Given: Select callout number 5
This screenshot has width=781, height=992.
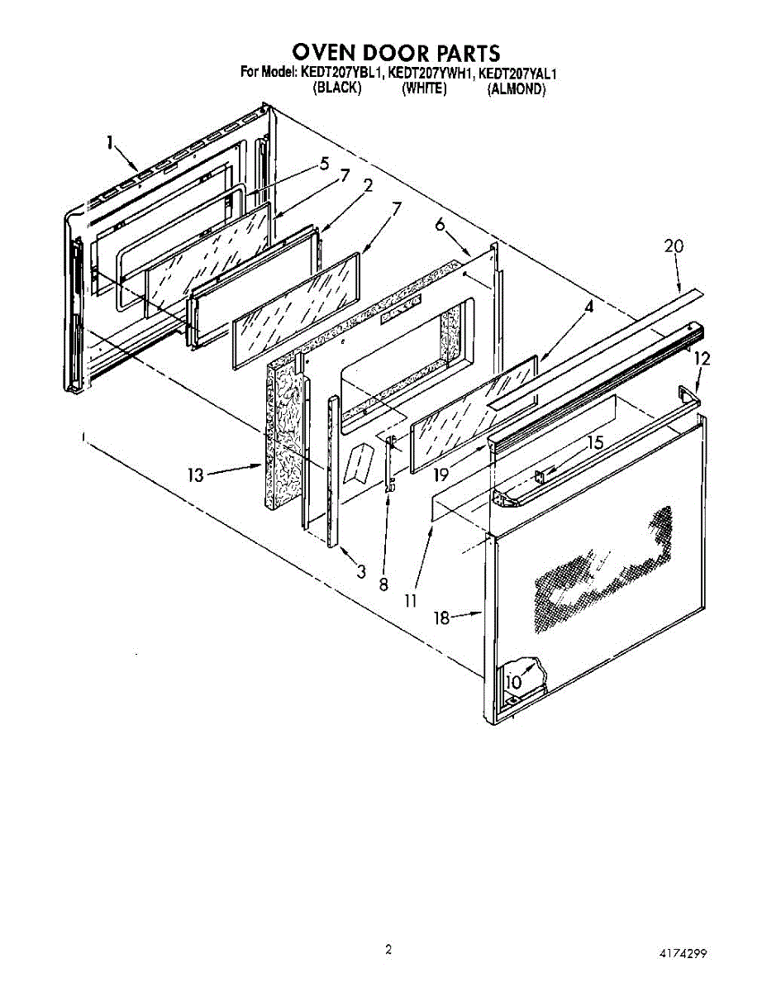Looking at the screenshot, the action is [324, 164].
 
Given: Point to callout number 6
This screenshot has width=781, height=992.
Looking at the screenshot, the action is [440, 224].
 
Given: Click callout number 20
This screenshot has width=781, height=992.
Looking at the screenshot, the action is [675, 246].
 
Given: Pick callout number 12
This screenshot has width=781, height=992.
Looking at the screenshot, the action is [702, 359].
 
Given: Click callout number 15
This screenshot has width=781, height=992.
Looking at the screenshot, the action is [594, 443].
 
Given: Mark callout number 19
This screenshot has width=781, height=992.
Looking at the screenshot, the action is [441, 475].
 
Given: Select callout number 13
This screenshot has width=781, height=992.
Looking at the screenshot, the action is [195, 475].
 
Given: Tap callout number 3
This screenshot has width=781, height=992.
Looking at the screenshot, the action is [361, 570].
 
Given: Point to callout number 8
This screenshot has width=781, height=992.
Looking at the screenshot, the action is [383, 584].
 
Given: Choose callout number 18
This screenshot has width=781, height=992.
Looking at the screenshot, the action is [443, 618].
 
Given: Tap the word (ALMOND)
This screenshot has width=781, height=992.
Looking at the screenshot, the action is [517, 89].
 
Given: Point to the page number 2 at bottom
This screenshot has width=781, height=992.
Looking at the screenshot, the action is [388, 949].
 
